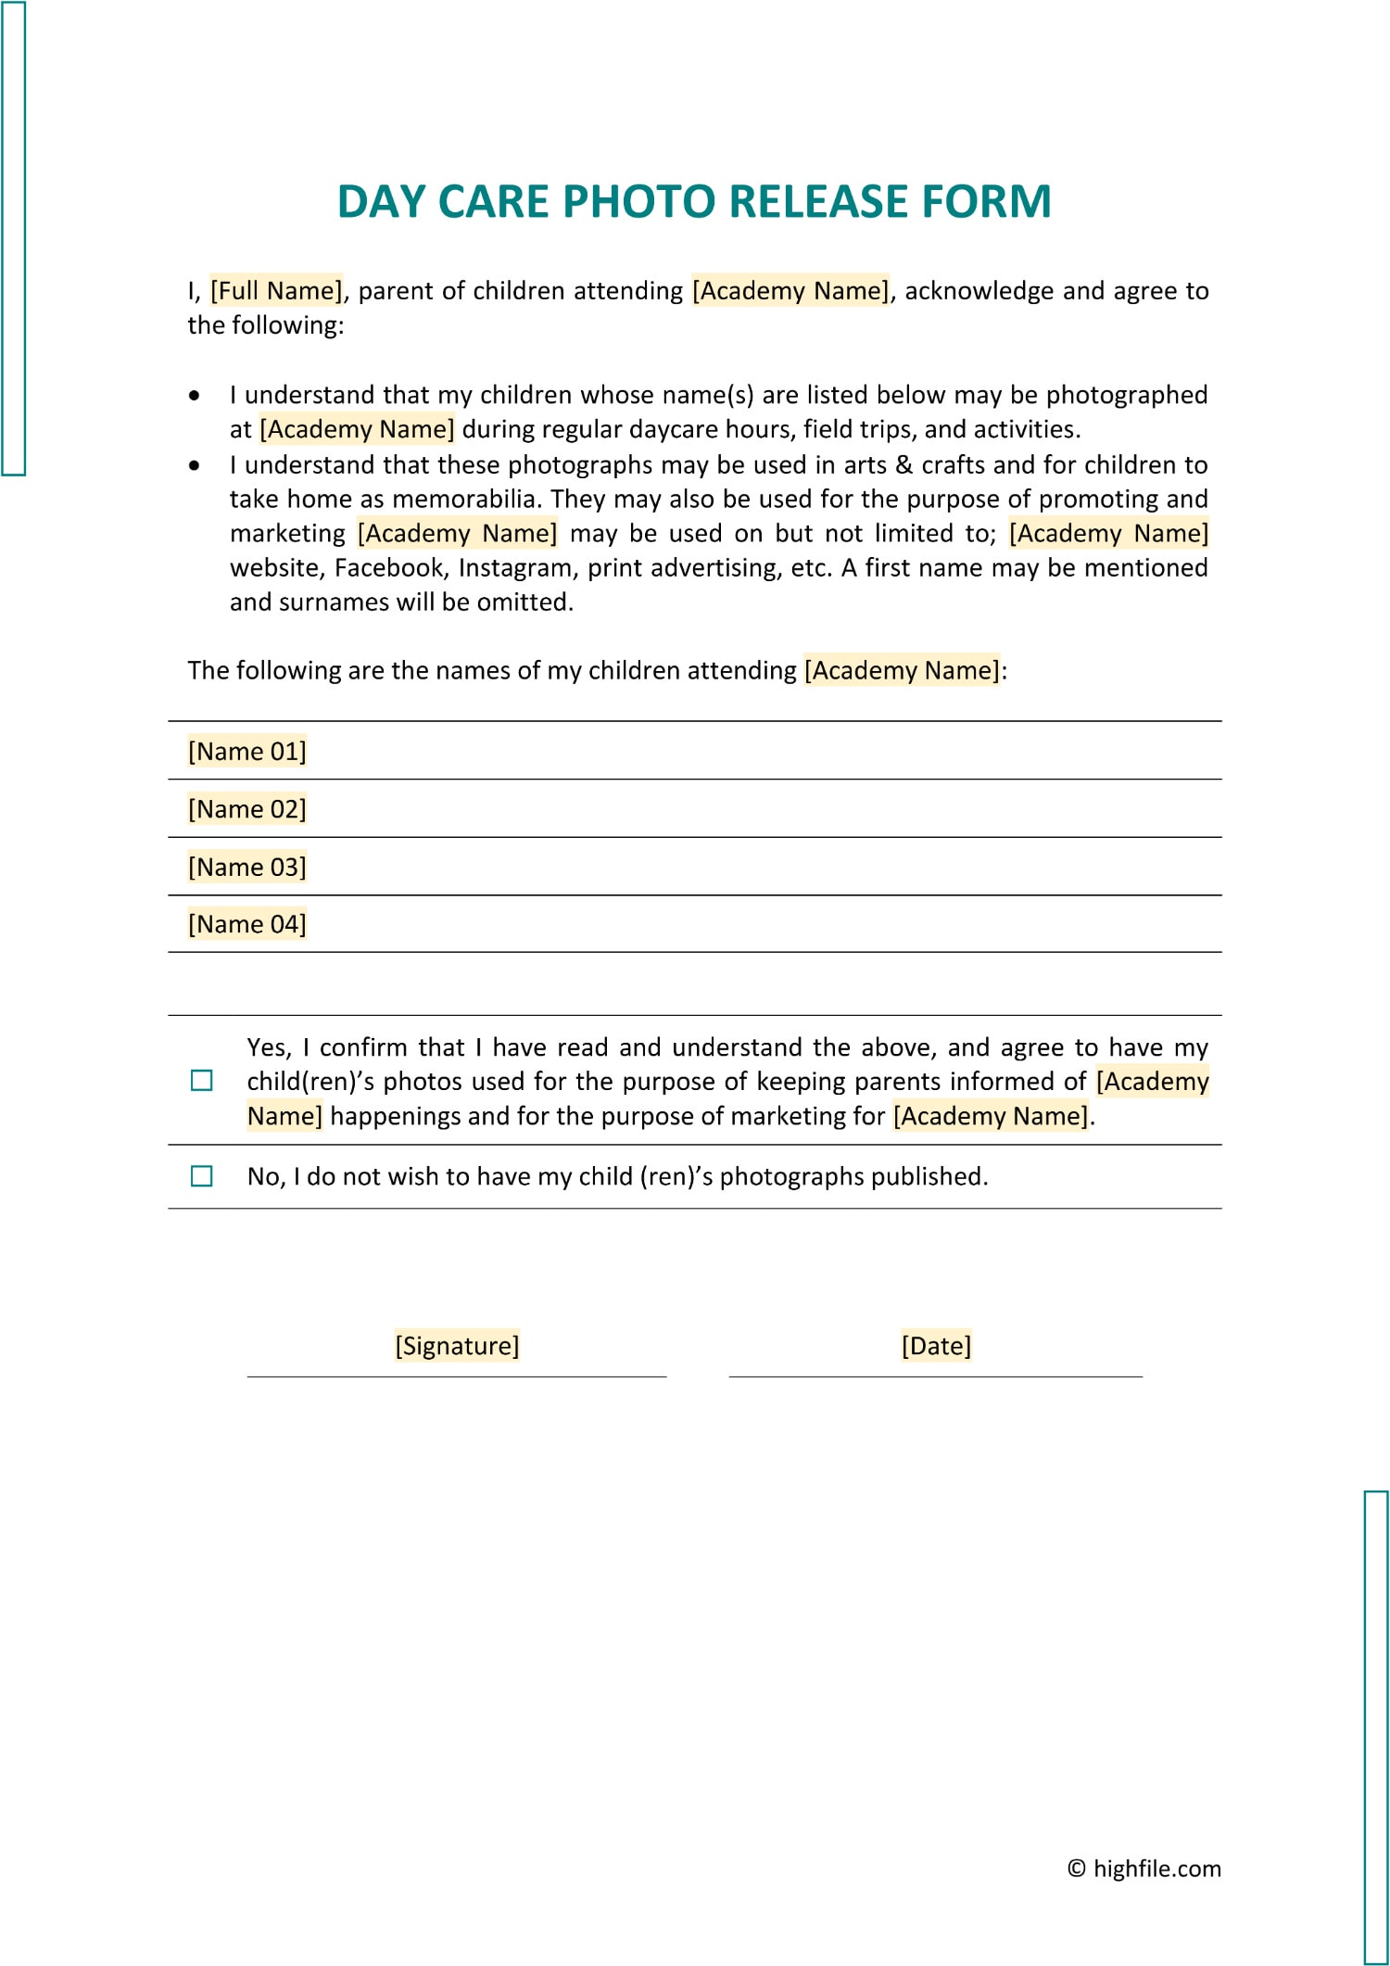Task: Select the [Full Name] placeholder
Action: tap(276, 291)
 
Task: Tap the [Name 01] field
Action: tap(246, 751)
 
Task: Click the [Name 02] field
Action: tap(246, 809)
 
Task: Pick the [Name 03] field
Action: tap(246, 867)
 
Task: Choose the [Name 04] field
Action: tap(246, 924)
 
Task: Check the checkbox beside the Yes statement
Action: tap(201, 1081)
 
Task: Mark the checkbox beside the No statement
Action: tap(201, 1176)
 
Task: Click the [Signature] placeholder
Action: tap(457, 1346)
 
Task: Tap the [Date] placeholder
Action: tap(936, 1346)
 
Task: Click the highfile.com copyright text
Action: tap(1144, 1868)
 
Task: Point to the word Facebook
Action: tap(389, 567)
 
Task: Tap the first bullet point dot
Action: tap(194, 396)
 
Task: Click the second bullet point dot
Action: tap(194, 465)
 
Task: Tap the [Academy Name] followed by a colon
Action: tap(902, 670)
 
